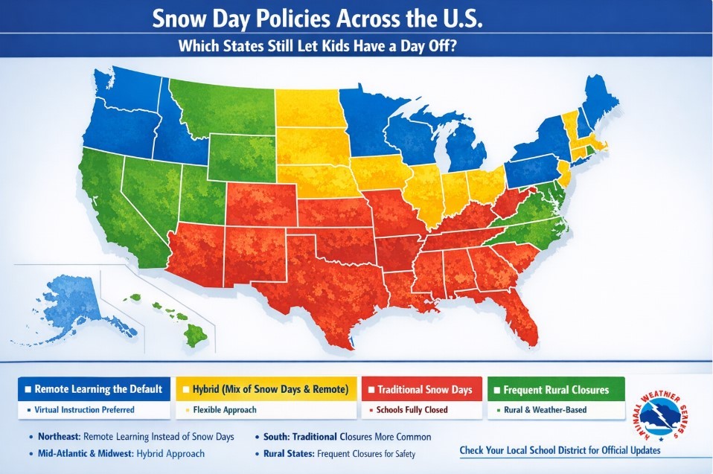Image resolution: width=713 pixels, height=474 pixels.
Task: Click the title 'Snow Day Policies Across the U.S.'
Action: tap(317, 18)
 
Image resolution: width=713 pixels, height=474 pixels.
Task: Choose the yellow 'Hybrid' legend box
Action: tap(266, 389)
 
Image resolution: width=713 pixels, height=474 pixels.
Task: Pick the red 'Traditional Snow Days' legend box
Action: tap(420, 389)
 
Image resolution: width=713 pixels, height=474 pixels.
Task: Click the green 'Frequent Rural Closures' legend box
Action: tap(555, 389)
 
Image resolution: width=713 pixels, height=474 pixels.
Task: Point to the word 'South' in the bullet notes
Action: tap(278, 437)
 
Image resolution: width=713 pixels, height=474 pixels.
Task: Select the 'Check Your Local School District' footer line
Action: tap(559, 451)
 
